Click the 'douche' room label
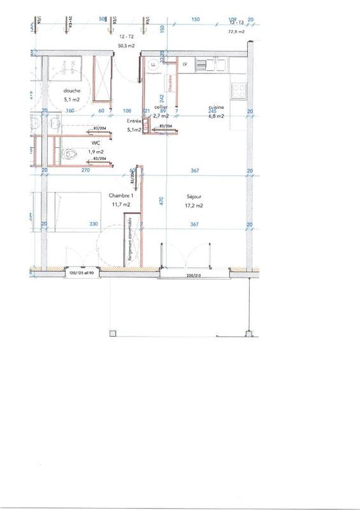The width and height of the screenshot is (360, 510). pyautogui.click(x=71, y=91)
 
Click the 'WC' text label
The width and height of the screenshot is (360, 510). pyautogui.click(x=78, y=143)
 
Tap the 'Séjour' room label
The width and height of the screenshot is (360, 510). pyautogui.click(x=194, y=196)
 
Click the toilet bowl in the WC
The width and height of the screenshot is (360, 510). pyautogui.click(x=71, y=154)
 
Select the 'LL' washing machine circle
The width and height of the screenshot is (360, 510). pyautogui.click(x=153, y=65)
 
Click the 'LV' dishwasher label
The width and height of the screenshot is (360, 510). pyautogui.click(x=185, y=65)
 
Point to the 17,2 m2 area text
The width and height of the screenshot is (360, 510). pyautogui.click(x=194, y=206)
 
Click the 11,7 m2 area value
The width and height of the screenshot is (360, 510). pyautogui.click(x=121, y=204)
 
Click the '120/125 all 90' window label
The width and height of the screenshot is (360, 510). pyautogui.click(x=82, y=272)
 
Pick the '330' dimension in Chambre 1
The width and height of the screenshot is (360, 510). pyautogui.click(x=94, y=224)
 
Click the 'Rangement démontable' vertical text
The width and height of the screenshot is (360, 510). pyautogui.click(x=130, y=239)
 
